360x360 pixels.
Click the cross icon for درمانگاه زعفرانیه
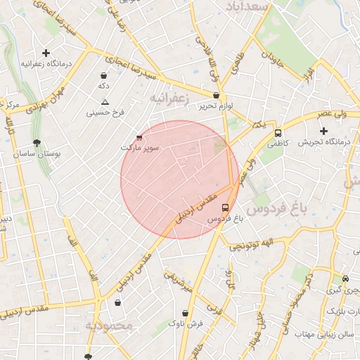tap(46, 53)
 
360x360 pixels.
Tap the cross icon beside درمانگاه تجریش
tap(323, 131)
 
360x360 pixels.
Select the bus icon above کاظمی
tap(278, 132)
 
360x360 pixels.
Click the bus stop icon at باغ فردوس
tap(225, 207)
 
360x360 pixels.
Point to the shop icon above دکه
tap(104, 75)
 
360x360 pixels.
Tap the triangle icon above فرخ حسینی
tap(105, 102)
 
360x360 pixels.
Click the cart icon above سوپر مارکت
tap(139, 138)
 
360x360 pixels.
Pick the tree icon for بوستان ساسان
tap(37, 142)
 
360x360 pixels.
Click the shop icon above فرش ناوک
tap(186, 314)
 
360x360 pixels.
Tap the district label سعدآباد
tap(247, 6)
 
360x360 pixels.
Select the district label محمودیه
tap(109, 326)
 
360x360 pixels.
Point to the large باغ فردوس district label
tap(279, 209)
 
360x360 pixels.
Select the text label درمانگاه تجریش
tap(324, 142)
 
